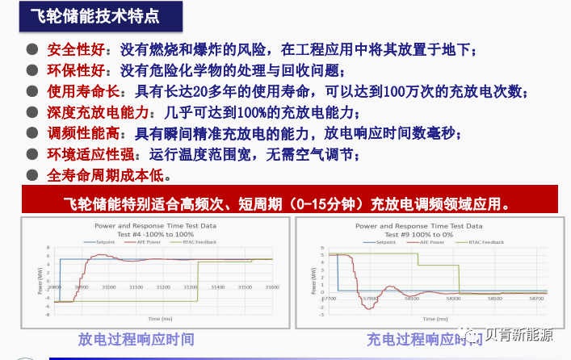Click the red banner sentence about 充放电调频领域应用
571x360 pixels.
point(286,202)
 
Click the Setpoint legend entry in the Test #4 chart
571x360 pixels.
point(105,242)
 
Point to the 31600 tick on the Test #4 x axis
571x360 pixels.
point(271,287)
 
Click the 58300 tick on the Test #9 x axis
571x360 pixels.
point(455,298)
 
